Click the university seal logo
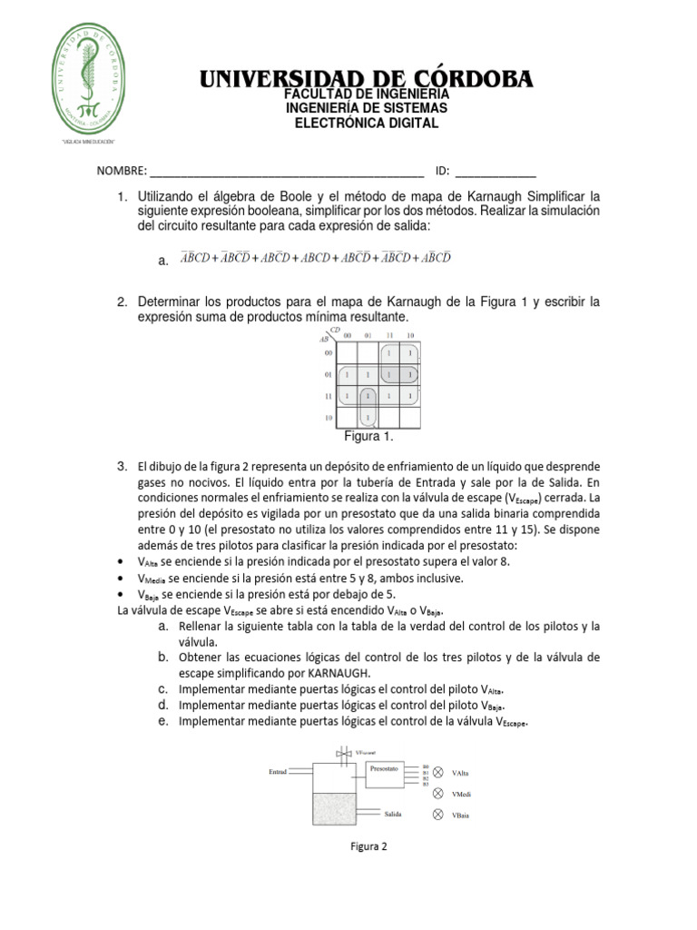87,79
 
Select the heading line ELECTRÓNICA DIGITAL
367,123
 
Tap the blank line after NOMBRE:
286,171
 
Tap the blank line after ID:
495,171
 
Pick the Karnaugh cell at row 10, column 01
366,418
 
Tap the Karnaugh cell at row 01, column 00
345,374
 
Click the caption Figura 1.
368,437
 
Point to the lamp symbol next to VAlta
438,772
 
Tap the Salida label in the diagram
393,814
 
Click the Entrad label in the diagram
278,772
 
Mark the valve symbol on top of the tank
340,753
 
